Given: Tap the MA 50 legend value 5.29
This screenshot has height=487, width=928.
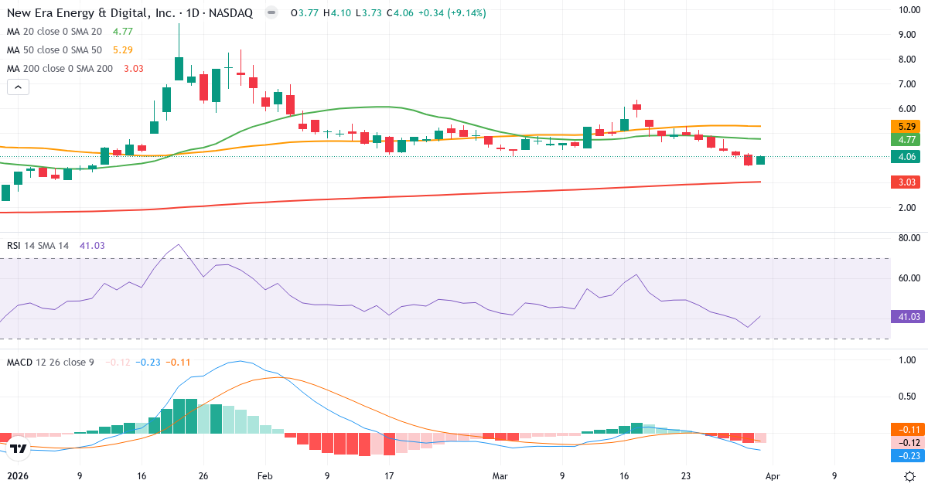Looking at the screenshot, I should coord(123,50).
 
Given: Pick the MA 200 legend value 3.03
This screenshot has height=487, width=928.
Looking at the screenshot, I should coord(134,69).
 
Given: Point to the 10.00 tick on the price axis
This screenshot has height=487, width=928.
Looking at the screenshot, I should coord(907,9).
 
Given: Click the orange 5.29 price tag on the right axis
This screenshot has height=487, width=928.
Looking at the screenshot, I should coord(907,126).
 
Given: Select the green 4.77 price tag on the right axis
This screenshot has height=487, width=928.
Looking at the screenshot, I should coord(907,139).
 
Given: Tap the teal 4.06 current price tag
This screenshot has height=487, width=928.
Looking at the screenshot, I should coord(907,157).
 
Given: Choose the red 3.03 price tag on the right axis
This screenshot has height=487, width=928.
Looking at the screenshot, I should coord(907,182).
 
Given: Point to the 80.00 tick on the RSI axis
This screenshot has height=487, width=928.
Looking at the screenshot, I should coord(907,239).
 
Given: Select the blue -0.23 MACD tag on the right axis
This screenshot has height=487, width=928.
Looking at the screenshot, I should coord(907,456).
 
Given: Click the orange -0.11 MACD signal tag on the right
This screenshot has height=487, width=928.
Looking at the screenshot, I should coord(907,430).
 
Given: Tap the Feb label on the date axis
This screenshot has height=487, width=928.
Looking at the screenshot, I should coord(264,476).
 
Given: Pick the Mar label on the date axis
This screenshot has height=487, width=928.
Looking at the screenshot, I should coord(500,476).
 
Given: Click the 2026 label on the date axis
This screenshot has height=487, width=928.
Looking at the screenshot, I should coord(19,476).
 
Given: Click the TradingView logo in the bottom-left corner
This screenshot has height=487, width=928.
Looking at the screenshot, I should coord(19,448).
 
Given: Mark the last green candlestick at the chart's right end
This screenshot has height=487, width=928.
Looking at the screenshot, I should coord(760,160).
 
